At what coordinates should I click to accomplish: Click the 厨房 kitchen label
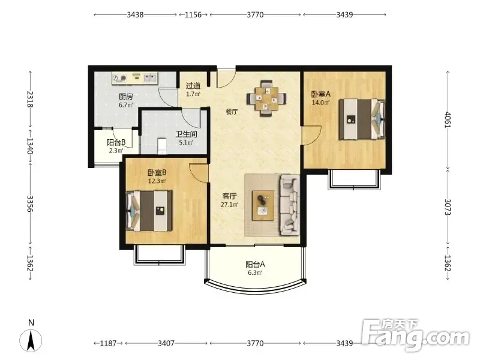126,97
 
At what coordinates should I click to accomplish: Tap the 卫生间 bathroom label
186,134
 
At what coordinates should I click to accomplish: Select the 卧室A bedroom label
321,94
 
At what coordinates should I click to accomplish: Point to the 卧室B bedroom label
157,173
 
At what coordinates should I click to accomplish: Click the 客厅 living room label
229,196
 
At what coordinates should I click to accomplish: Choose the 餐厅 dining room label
232,112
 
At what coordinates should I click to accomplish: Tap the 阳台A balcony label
255,264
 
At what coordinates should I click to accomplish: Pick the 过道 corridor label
193,86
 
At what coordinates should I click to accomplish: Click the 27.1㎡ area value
229,205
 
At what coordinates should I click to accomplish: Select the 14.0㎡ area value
320,103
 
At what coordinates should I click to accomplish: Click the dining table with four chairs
266,98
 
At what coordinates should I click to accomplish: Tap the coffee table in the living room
263,205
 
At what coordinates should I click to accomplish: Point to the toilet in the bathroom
161,146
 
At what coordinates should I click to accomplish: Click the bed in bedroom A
362,119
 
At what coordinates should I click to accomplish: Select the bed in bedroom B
149,211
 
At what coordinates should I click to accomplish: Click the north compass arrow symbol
31,340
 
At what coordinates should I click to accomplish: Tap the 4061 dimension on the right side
448,119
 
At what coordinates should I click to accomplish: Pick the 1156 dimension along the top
193,14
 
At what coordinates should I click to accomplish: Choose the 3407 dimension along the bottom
166,343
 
